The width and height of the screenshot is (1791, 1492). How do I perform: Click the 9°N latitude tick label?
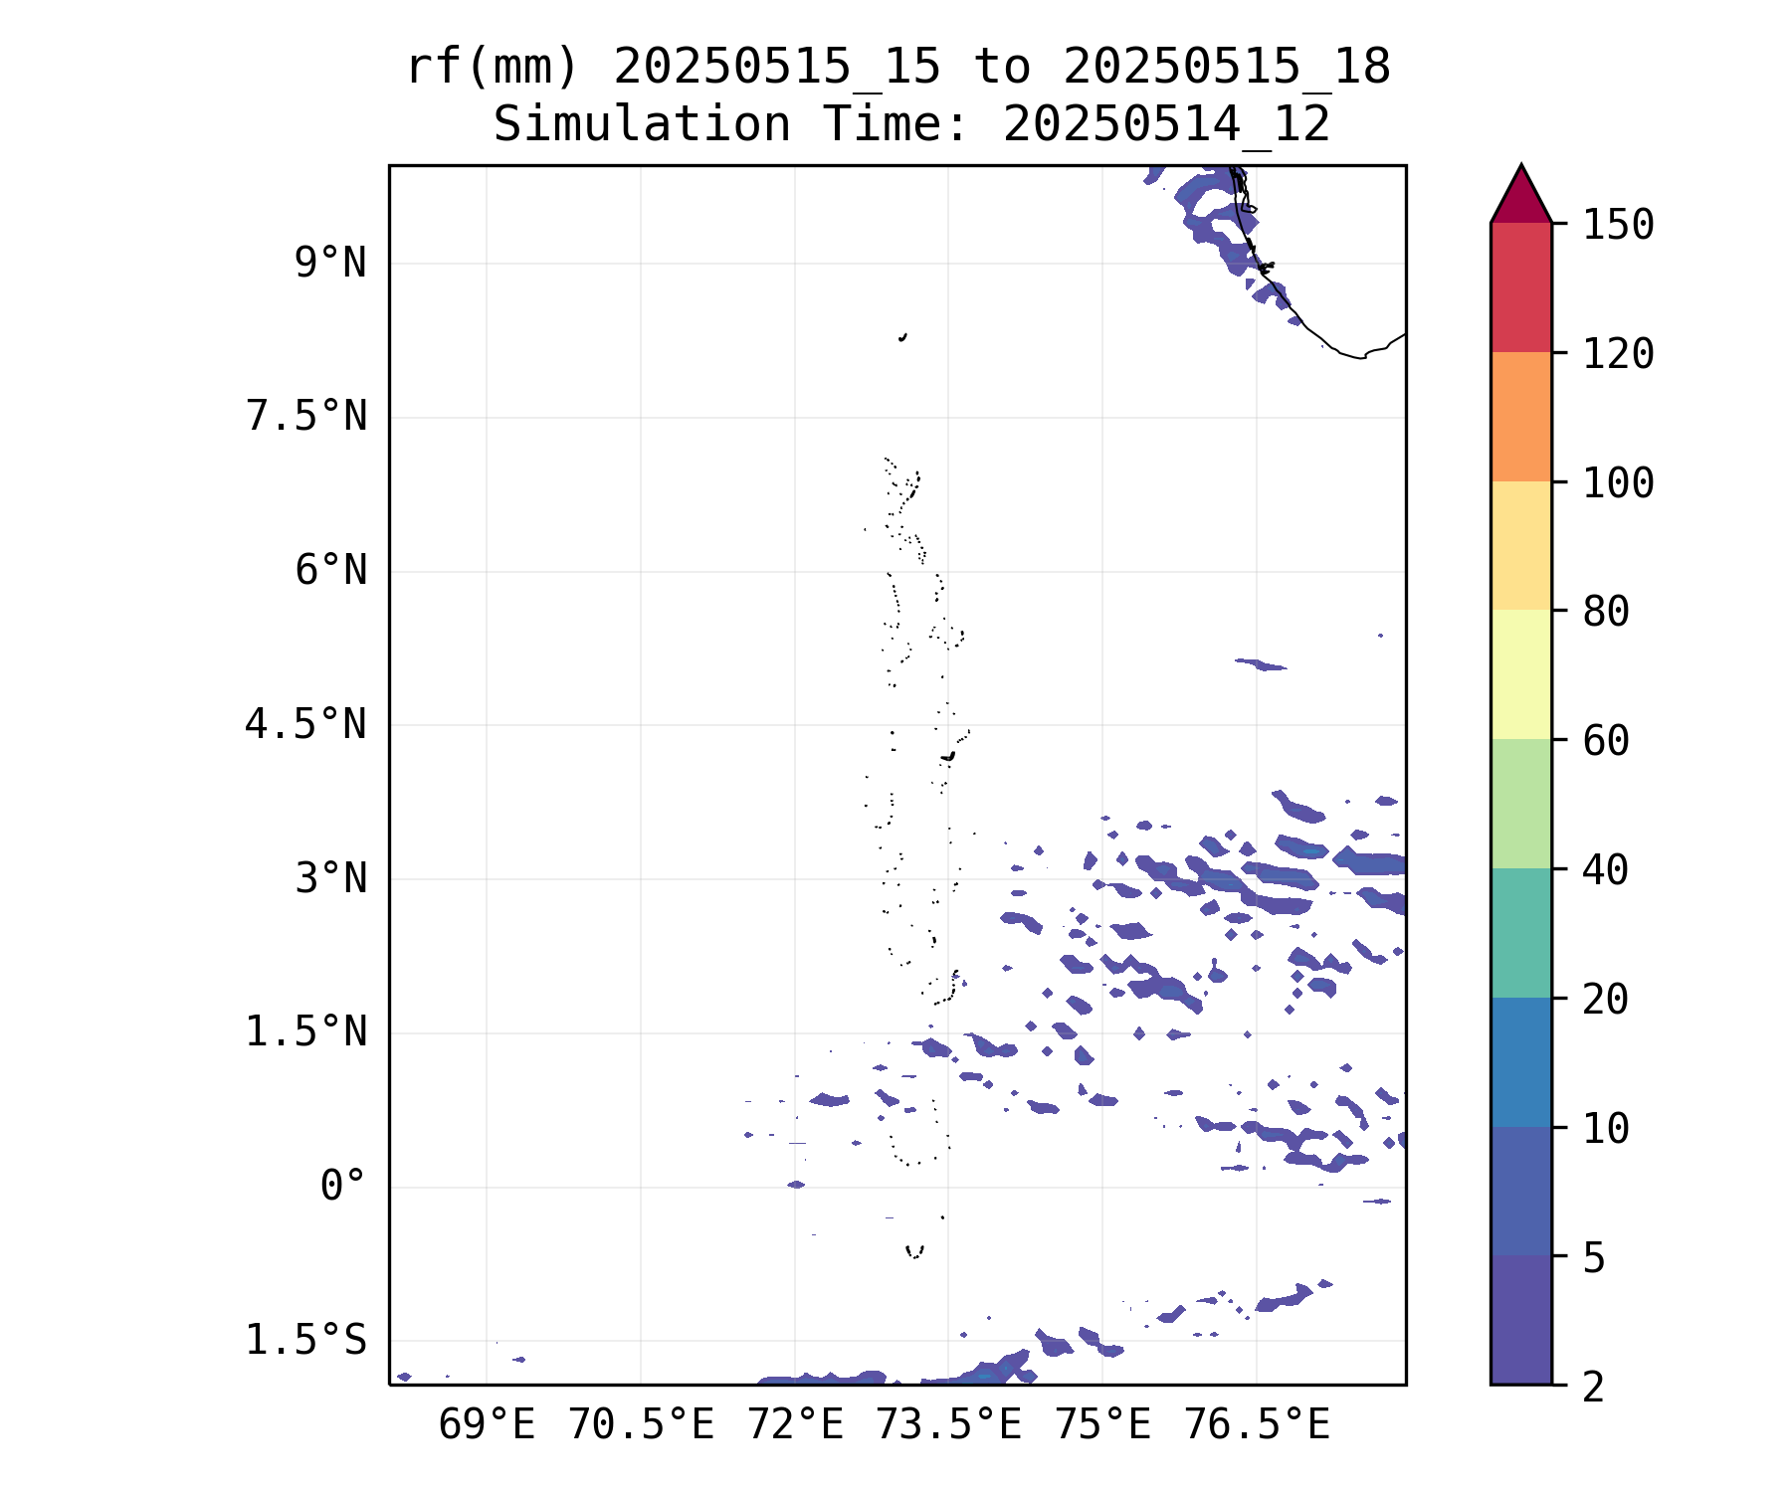[x=330, y=264]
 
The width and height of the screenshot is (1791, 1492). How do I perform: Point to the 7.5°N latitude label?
[x=306, y=417]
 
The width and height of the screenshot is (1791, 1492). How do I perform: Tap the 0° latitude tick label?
[x=343, y=1186]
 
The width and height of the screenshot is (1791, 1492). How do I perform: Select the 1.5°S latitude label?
[x=306, y=1340]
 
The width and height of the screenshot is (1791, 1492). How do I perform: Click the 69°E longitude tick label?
[x=487, y=1425]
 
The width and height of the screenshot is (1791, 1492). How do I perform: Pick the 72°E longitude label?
[x=795, y=1425]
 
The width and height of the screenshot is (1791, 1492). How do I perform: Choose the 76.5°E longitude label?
[x=1257, y=1425]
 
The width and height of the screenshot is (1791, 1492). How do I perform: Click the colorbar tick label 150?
[x=1619, y=225]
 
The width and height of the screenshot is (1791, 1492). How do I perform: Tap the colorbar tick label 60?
[x=1606, y=740]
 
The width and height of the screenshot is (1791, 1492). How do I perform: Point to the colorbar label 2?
[x=1594, y=1386]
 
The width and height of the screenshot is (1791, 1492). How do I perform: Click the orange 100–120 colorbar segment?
[x=1521, y=417]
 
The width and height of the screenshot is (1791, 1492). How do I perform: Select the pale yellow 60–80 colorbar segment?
[x=1521, y=674]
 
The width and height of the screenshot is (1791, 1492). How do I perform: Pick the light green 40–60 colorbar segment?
[x=1521, y=804]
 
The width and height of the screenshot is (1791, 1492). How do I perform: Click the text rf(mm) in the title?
[x=493, y=68]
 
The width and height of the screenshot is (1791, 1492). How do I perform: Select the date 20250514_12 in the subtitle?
[x=1167, y=125]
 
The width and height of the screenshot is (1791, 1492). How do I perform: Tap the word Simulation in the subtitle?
[x=643, y=125]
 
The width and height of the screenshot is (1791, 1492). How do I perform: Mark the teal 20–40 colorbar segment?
[x=1521, y=933]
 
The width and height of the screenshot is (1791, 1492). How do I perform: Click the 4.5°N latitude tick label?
[x=306, y=724]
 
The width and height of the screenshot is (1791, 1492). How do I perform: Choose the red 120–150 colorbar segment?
[x=1521, y=287]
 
